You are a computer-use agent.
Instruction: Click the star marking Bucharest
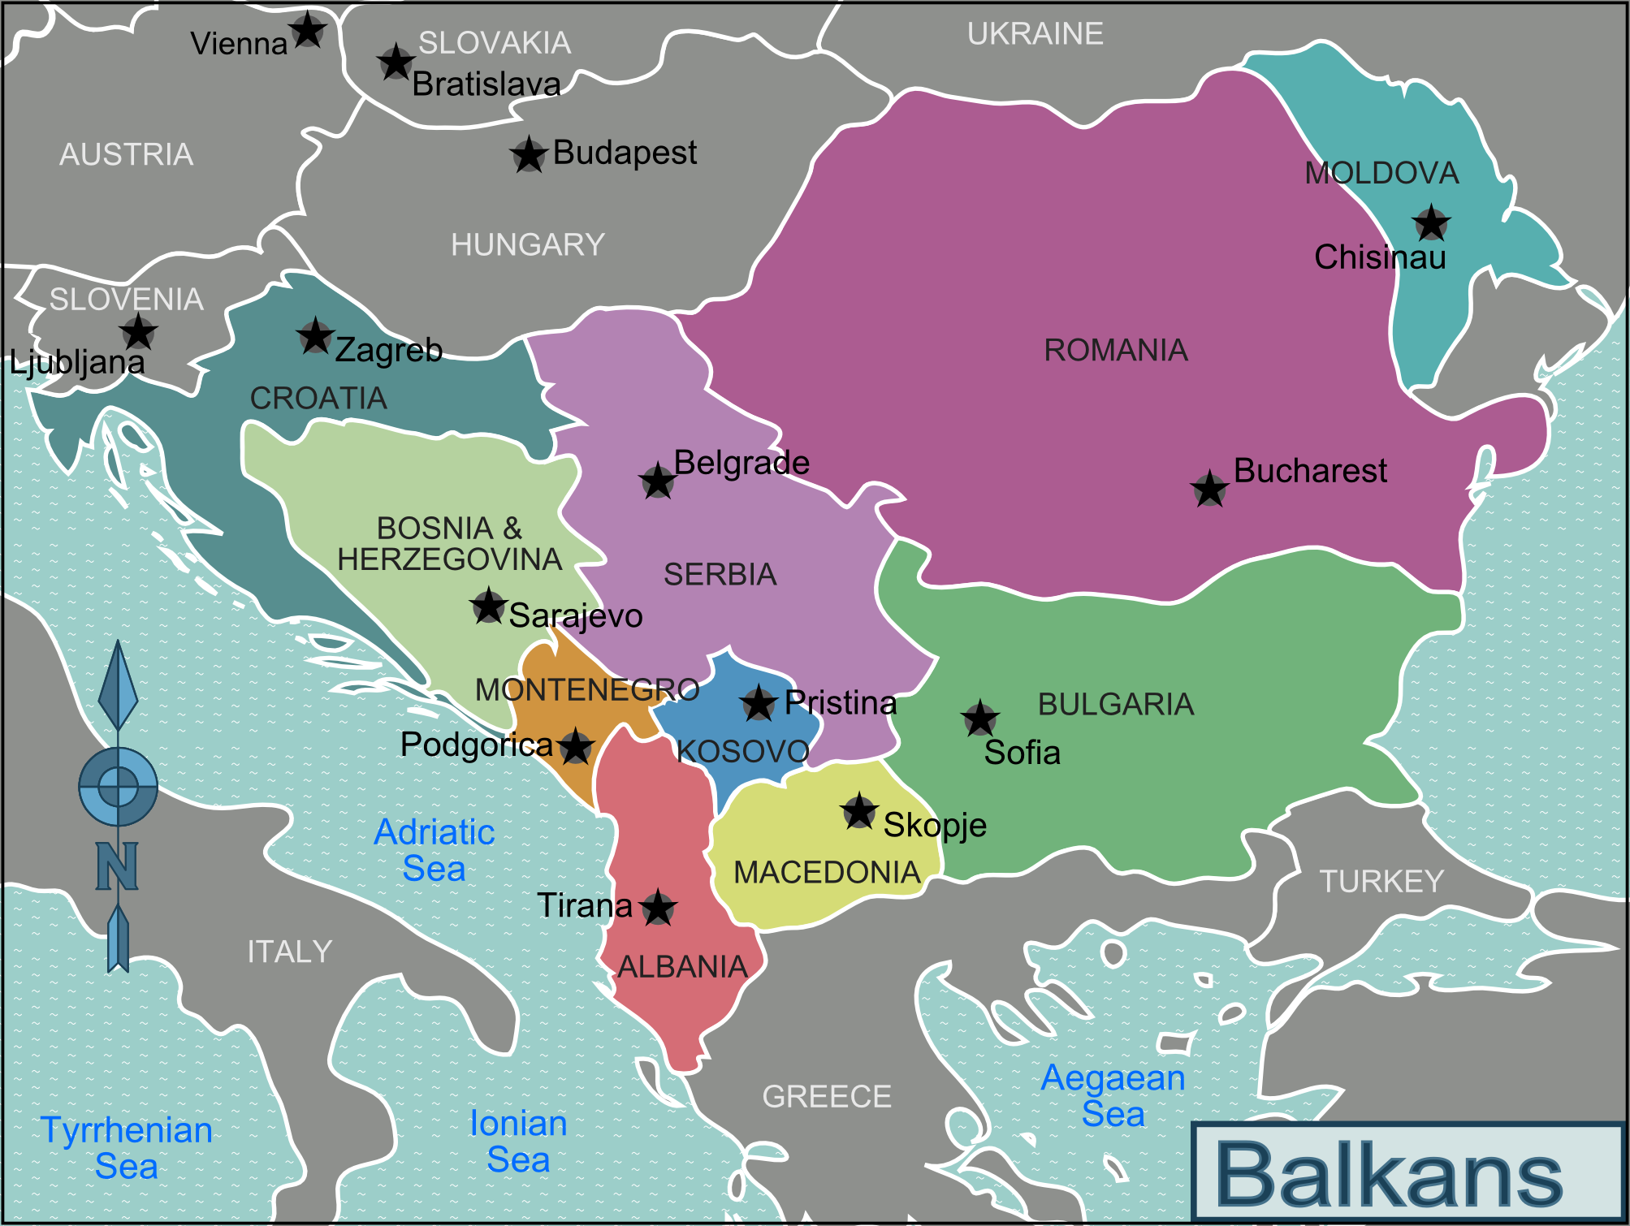(1209, 489)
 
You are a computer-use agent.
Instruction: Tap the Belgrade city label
(741, 463)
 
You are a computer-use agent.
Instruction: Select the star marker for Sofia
(979, 718)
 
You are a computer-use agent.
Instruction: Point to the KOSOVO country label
(743, 751)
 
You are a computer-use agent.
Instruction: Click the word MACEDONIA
(827, 873)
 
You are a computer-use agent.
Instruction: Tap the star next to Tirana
(658, 907)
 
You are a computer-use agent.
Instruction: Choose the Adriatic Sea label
(435, 850)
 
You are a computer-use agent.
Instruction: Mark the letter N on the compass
(117, 866)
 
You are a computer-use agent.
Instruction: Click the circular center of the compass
(119, 786)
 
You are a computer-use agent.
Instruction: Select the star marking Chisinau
(1431, 222)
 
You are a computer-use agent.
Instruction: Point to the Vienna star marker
(308, 31)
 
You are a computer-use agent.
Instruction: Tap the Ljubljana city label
(77, 362)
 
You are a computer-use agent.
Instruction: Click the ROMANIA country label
(1115, 350)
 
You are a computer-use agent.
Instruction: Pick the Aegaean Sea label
(1113, 1095)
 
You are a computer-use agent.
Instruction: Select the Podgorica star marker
(576, 746)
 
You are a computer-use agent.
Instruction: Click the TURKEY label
(1381, 881)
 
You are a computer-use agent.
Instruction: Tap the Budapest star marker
(529, 154)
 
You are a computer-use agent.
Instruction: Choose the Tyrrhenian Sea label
(127, 1148)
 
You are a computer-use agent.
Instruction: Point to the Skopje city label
(935, 825)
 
